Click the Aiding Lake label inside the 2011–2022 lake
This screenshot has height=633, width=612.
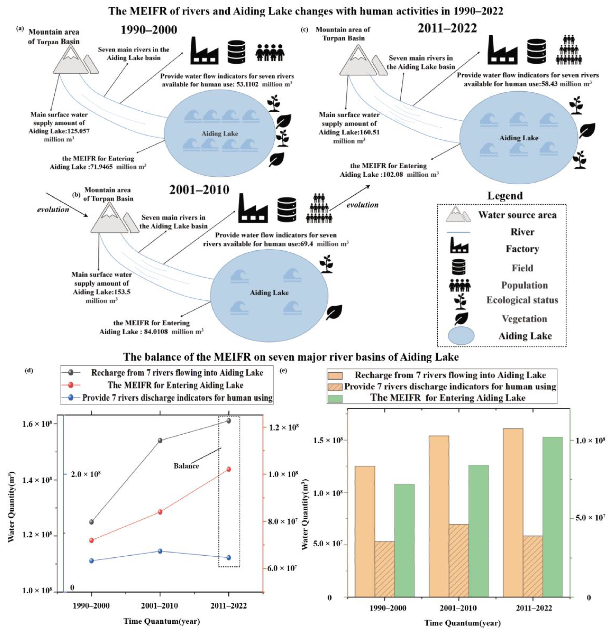pos(519,138)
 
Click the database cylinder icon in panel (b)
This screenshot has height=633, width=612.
pos(287,209)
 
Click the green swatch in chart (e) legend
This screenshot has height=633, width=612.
pos(335,398)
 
